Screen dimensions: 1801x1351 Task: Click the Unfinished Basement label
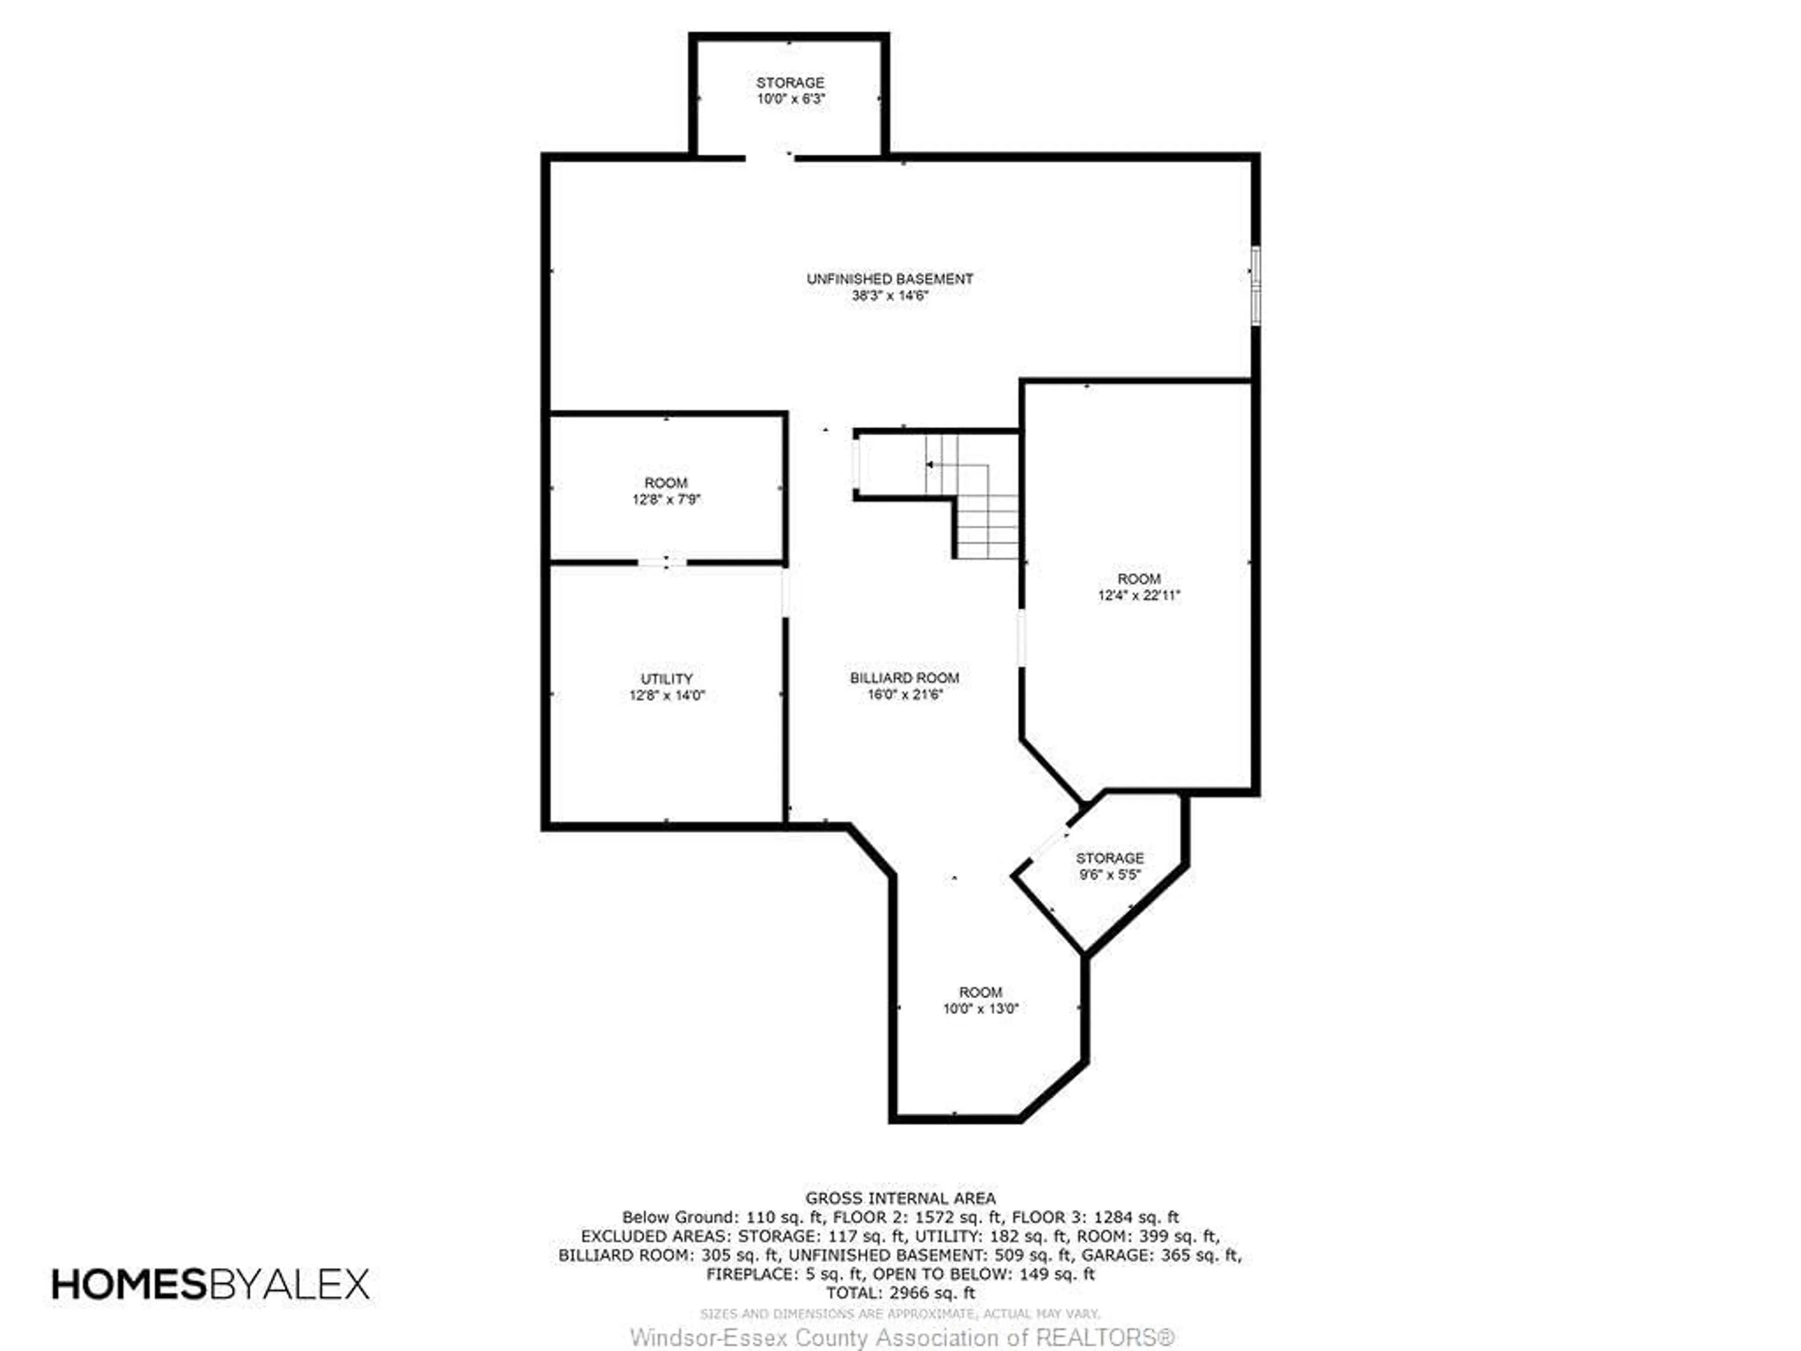click(x=890, y=279)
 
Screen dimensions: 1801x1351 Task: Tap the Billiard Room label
click(x=905, y=677)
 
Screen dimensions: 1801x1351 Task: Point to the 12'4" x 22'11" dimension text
click(x=1139, y=595)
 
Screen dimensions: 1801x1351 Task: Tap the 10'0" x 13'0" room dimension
click(x=981, y=1008)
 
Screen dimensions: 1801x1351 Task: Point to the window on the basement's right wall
click(x=1256, y=285)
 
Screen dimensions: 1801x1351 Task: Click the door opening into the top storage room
click(x=770, y=156)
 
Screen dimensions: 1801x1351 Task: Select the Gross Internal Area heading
click(x=900, y=1198)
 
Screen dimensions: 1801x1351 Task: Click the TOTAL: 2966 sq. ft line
click(x=900, y=1292)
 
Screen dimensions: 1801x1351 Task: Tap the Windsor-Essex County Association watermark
click(x=902, y=1337)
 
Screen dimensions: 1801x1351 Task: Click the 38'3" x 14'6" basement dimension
click(x=890, y=296)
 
